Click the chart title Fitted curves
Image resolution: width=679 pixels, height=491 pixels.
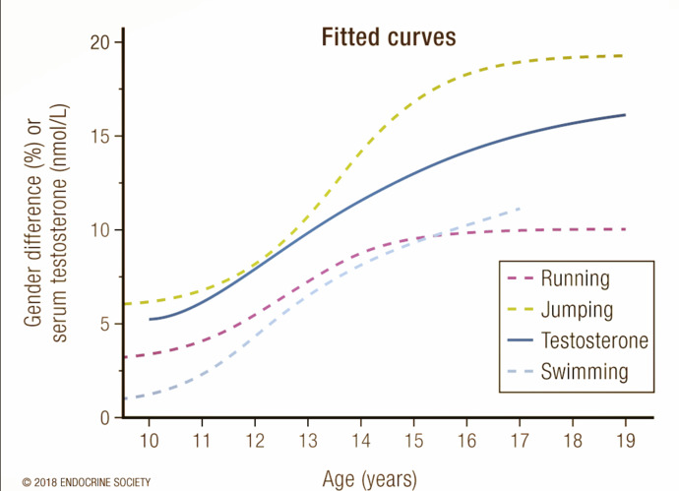click(389, 37)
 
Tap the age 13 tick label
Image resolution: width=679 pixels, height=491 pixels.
click(308, 439)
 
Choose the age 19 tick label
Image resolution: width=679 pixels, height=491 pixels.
click(625, 439)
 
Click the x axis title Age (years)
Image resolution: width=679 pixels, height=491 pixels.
click(370, 478)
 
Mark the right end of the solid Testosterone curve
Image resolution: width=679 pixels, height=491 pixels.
click(625, 115)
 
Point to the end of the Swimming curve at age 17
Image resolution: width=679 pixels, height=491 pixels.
click(519, 209)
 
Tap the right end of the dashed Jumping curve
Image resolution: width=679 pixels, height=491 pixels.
click(624, 56)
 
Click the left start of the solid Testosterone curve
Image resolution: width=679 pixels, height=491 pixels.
click(150, 319)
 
